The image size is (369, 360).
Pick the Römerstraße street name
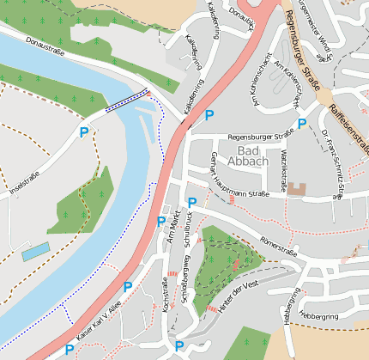[277, 245]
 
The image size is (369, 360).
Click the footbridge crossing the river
[127, 101]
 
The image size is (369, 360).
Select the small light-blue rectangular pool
[35, 252]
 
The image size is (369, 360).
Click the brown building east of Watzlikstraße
[296, 188]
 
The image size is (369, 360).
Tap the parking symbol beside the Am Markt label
[160, 221]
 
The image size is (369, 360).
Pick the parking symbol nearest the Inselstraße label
[84, 132]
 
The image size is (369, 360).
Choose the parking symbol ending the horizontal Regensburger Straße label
[302, 123]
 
